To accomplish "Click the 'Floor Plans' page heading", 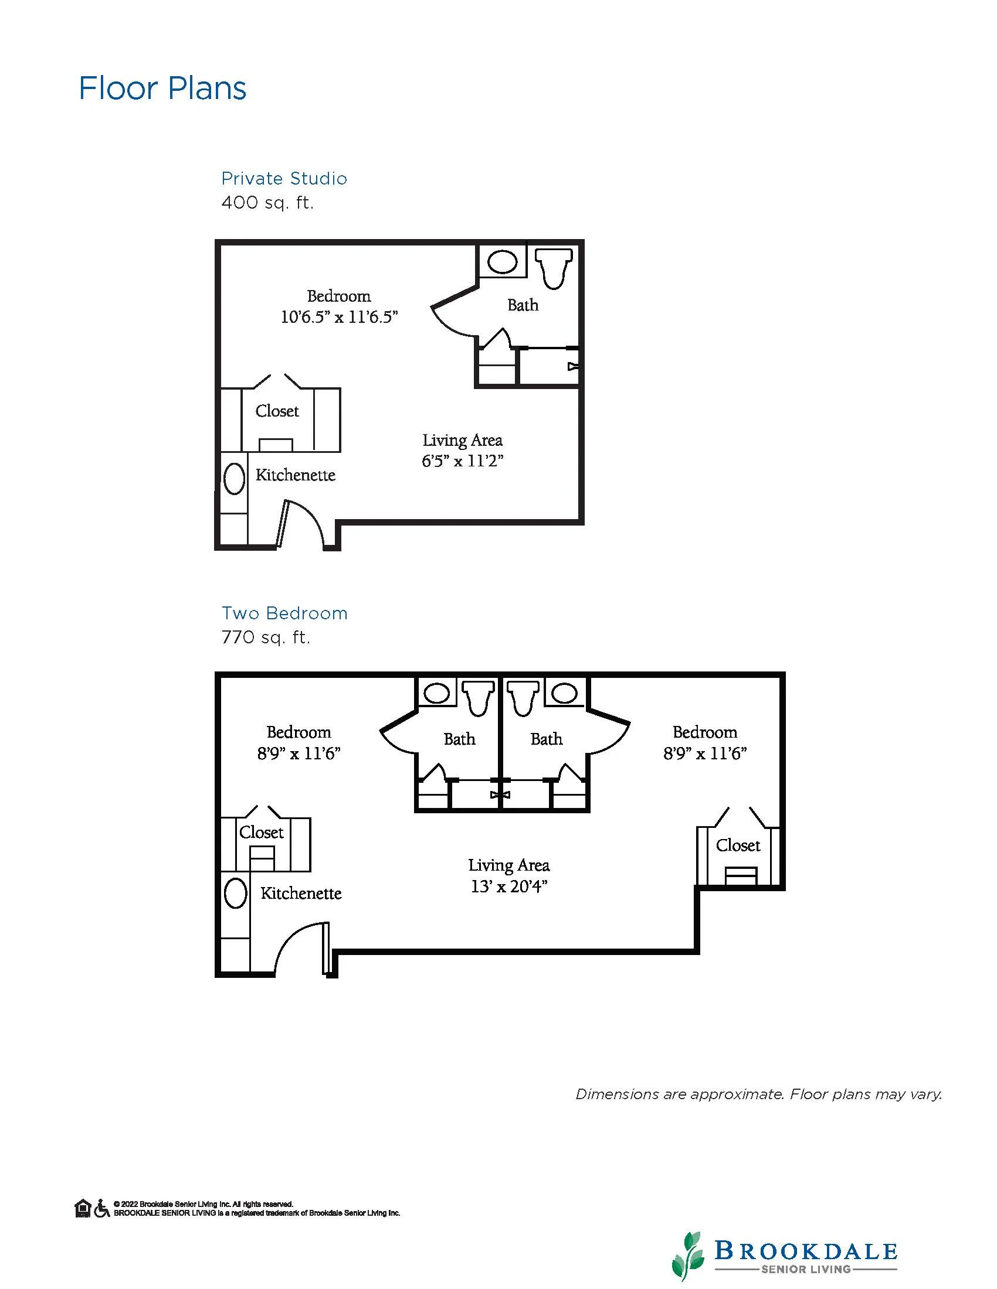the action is coord(162,88).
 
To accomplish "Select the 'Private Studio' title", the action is coord(284,178).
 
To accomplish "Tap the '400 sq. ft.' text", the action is coord(267,203).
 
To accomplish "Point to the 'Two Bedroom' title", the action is coord(284,613).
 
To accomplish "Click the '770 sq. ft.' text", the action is coord(266,637).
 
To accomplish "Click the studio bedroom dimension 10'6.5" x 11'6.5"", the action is coord(339,317).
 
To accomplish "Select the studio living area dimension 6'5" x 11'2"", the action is coord(463,461).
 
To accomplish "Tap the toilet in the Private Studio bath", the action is coord(554,268).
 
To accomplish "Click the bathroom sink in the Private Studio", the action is coord(503,261).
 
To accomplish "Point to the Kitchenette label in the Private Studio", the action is coord(296,475).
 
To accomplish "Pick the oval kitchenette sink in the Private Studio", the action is coord(235,479).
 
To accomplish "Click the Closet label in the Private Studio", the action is coord(277,411).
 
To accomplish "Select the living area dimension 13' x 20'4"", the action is coord(509,886).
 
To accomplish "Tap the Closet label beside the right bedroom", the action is coord(738,845).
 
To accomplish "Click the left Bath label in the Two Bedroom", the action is coord(460,739).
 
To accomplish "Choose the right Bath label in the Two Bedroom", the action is coord(547,739).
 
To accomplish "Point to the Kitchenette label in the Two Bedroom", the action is coord(301,893).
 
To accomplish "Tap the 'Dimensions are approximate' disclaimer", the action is coord(759,1094).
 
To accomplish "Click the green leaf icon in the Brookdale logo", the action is coord(689,1254).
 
